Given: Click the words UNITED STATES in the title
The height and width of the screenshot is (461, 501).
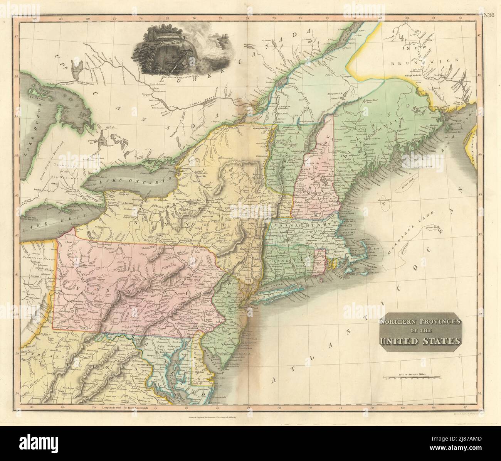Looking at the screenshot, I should (x=420, y=341).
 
